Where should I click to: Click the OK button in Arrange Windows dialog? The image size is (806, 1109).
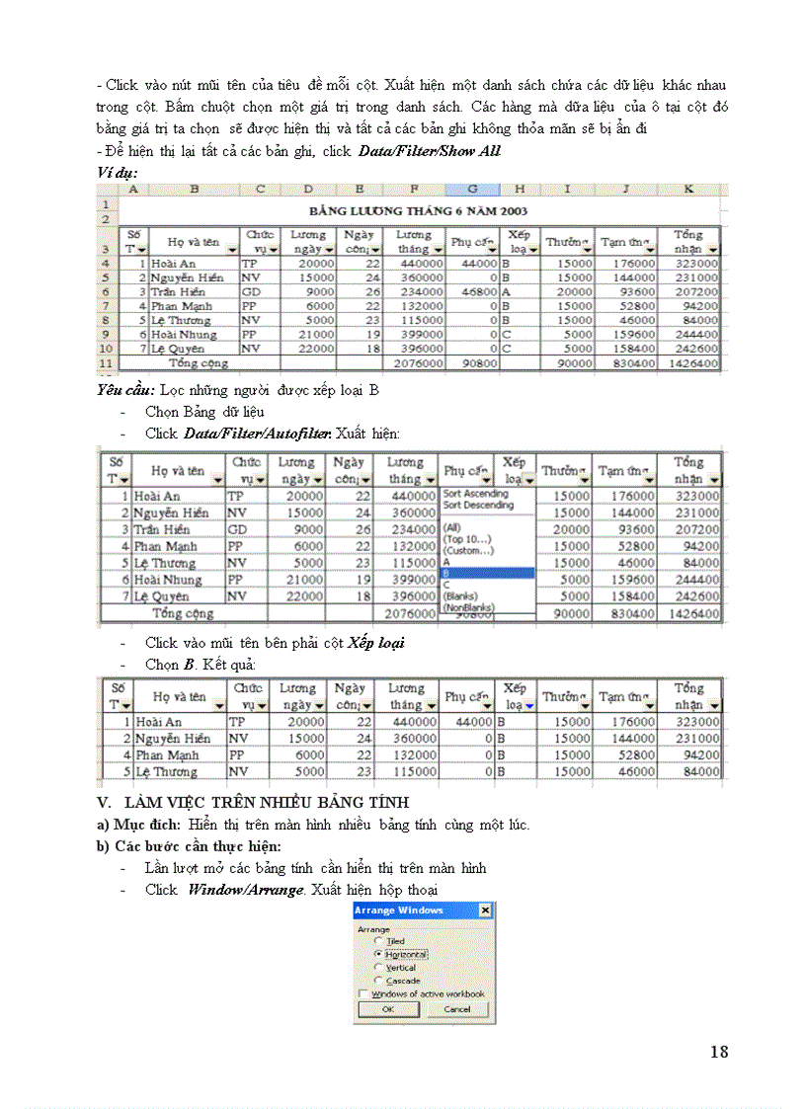tap(387, 1009)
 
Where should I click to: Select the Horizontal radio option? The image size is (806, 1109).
tap(378, 955)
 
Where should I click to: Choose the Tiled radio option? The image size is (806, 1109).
tap(378, 942)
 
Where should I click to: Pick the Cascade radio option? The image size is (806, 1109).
tap(378, 981)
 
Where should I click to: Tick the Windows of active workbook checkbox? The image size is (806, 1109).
tap(363, 993)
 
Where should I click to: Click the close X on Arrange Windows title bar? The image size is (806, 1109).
tap(484, 910)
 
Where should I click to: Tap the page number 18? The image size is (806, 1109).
tap(719, 1052)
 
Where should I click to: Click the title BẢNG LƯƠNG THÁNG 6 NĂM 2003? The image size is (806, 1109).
tap(418, 210)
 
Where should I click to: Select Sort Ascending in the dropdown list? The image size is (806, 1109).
tap(477, 493)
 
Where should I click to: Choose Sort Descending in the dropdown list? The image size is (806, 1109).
tap(479, 505)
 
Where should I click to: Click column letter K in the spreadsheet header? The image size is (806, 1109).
tap(687, 188)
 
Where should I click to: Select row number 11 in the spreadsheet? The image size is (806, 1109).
tap(106, 362)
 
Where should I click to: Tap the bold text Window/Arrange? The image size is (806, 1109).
tap(233, 888)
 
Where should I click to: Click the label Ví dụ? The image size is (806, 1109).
tap(117, 172)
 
